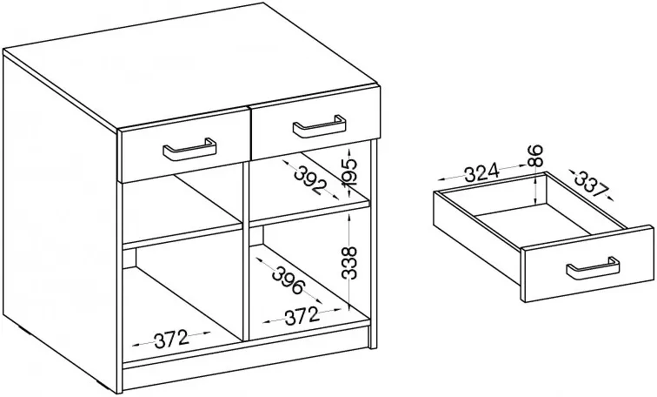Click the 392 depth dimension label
pyautogui.click(x=310, y=179)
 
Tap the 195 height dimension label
pyautogui.click(x=348, y=172)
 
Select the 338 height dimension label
pyautogui.click(x=348, y=263)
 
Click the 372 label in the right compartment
pyautogui.click(x=302, y=316)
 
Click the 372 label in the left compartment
pyautogui.click(x=171, y=339)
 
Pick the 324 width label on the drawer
pyautogui.click(x=482, y=172)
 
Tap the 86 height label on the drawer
pyautogui.click(x=536, y=155)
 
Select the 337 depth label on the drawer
pyautogui.click(x=592, y=184)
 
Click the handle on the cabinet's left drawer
pyautogui.click(x=189, y=152)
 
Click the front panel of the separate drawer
pyautogui.click(x=587, y=264)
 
